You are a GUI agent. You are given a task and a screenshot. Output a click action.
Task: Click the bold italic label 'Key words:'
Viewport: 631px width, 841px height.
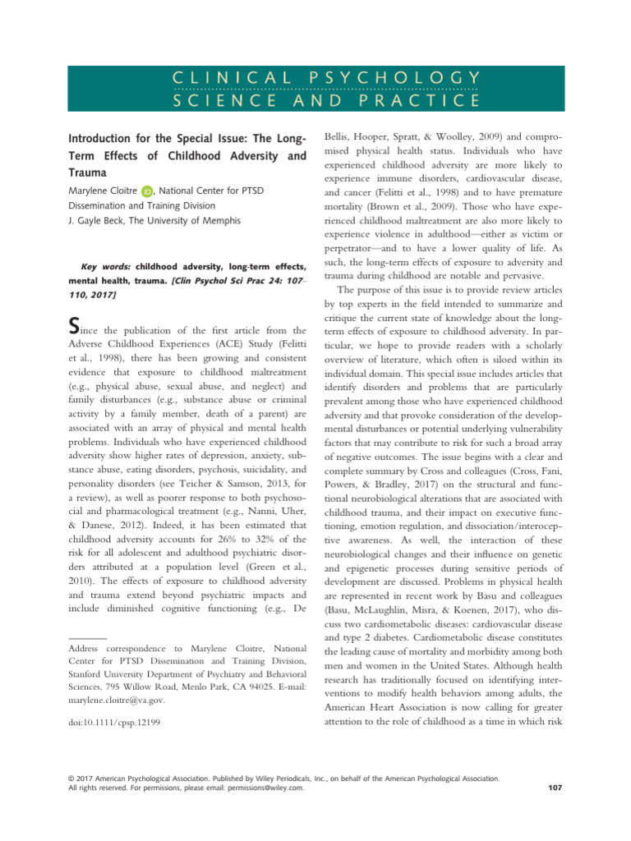pyautogui.click(x=107, y=267)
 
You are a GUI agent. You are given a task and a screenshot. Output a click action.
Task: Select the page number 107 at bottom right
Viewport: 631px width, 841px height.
pyautogui.click(x=554, y=787)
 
